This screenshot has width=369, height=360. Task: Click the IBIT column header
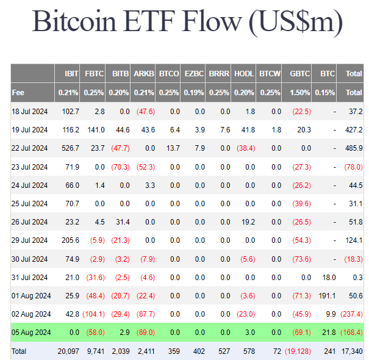(x=71, y=74)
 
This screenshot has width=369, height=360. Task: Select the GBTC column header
(x=300, y=74)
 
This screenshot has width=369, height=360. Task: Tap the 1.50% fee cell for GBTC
(x=300, y=93)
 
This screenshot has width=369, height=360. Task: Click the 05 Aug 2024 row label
(x=30, y=333)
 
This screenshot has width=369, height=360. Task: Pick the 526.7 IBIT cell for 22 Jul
(x=70, y=148)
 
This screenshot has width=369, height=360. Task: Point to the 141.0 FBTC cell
(x=96, y=130)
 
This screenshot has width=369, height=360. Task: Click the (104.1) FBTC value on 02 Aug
(x=93, y=315)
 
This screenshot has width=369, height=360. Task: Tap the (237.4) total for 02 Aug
(x=353, y=315)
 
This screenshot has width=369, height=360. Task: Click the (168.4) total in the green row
(x=353, y=333)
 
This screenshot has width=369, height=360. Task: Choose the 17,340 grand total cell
(x=353, y=351)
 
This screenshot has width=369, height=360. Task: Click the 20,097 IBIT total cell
(x=68, y=351)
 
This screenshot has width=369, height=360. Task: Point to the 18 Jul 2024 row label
(x=29, y=112)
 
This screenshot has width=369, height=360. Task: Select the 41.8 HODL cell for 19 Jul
(x=247, y=130)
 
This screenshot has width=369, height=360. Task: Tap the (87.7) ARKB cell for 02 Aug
(x=144, y=315)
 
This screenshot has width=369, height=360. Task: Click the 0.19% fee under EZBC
(x=195, y=93)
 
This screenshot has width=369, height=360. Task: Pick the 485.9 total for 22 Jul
(x=353, y=148)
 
